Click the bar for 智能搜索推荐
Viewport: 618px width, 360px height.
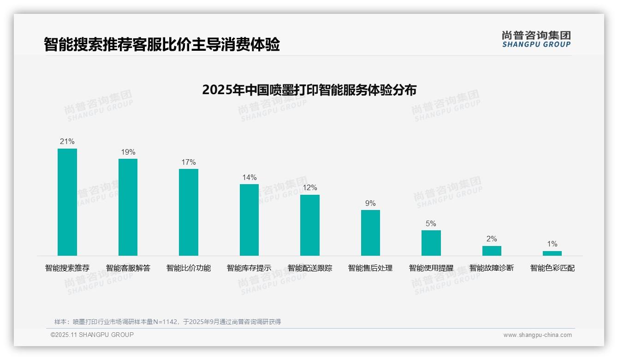point(67,202)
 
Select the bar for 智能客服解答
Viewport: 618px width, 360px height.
point(128,207)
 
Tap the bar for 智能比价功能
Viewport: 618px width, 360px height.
point(189,212)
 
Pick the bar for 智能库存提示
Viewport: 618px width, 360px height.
point(249,220)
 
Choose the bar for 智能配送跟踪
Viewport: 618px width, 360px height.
point(310,225)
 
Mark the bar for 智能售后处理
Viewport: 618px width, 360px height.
point(370,233)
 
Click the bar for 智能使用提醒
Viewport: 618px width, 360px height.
point(431,243)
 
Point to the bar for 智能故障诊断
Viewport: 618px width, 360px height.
point(492,251)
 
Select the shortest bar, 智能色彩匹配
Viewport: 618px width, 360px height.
point(552,253)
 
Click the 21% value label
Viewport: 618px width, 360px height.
point(67,142)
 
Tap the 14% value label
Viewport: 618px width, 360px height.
point(249,178)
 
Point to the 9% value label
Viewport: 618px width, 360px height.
point(370,204)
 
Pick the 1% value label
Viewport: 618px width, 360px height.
point(552,244)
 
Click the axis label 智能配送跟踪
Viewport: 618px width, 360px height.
point(310,268)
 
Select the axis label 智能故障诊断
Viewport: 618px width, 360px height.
point(492,268)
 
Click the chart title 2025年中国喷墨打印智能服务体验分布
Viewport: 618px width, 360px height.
point(309,90)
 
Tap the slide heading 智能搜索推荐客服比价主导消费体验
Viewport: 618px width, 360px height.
point(162,45)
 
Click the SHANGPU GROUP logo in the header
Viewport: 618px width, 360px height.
point(536,39)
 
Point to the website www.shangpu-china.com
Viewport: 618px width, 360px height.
point(537,335)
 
